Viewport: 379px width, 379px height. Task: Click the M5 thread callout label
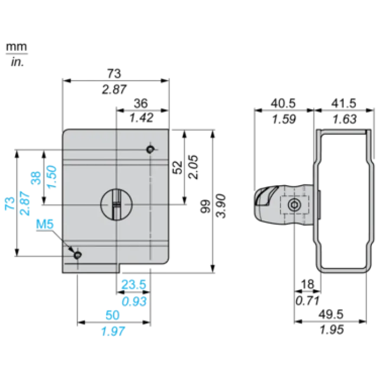coord(45,224)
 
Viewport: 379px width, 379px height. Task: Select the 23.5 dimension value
coord(134,284)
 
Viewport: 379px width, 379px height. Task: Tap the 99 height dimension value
coord(206,206)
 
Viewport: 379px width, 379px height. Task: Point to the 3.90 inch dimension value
coord(221,206)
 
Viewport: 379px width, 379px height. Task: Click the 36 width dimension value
coord(141,103)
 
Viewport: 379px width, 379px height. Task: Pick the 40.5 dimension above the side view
coord(283,103)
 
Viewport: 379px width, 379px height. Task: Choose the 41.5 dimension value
coord(344,103)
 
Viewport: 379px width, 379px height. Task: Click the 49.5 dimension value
coord(331,314)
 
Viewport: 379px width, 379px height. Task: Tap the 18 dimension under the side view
coord(308,284)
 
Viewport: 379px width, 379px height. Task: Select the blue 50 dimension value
coord(113,315)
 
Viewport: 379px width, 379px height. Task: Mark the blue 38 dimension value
coord(36,178)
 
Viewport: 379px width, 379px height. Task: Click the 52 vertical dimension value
coord(178,167)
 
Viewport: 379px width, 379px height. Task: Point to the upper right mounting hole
coord(150,149)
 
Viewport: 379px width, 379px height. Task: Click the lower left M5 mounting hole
coord(77,255)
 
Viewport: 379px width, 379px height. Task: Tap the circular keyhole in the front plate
coord(116,205)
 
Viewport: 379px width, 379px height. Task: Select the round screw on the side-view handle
coord(295,205)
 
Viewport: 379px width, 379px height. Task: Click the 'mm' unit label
coord(16,47)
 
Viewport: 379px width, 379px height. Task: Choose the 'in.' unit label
coord(17,62)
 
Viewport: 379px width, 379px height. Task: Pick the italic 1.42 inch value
coord(141,118)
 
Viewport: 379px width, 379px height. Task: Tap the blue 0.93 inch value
coord(134,302)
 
